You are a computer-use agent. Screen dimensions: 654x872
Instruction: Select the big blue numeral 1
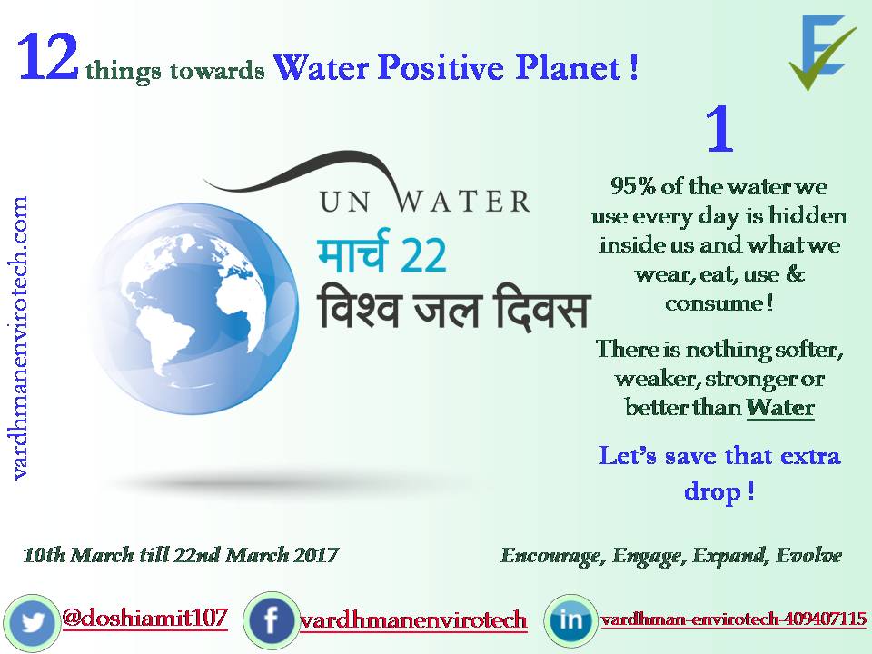[718, 132]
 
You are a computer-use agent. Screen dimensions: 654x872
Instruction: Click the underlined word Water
[780, 407]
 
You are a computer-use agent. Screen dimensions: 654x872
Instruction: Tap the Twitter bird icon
[34, 622]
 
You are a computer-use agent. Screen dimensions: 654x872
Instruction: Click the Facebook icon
[272, 621]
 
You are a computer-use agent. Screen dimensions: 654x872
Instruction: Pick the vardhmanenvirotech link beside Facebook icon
[413, 621]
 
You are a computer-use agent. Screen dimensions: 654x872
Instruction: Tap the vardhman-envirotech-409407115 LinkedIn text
[733, 620]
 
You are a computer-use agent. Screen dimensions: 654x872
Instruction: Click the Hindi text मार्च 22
[381, 255]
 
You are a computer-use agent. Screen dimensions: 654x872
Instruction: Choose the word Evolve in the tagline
[808, 555]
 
